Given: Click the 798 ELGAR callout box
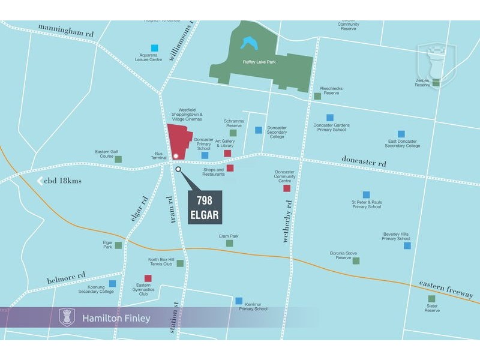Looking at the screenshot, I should (x=205, y=207).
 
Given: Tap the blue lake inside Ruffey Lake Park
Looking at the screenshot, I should (x=247, y=43).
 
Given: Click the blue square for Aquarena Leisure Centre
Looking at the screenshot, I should (x=155, y=47).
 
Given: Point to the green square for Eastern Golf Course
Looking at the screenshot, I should (x=118, y=159).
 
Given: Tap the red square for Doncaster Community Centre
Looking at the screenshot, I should (x=287, y=188).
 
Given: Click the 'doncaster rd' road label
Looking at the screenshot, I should (x=364, y=161).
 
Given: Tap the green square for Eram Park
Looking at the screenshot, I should (x=229, y=243).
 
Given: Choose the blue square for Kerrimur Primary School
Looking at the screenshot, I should (x=239, y=301).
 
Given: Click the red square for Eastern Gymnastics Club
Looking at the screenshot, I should (x=148, y=278).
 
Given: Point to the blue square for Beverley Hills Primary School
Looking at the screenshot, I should (x=407, y=245).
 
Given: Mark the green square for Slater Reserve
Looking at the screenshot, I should (x=431, y=298).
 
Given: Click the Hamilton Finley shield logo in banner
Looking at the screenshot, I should (x=67, y=317).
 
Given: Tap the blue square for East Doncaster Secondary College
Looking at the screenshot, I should (x=401, y=134).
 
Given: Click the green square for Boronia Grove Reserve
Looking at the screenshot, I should (x=356, y=261).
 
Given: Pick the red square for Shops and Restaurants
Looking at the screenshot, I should (x=230, y=168).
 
